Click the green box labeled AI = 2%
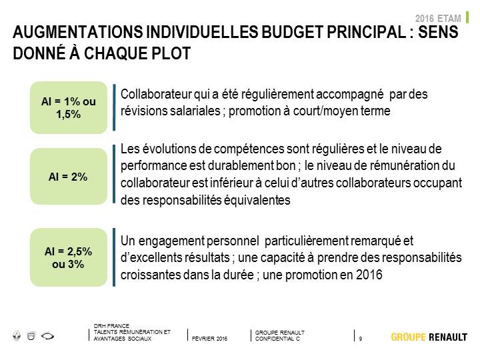click(69, 176)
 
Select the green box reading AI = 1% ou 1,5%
click(69, 107)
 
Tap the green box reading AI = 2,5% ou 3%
click(69, 257)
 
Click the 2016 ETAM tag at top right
click(438, 19)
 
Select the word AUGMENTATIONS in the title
click(78, 32)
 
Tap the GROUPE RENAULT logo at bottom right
click(429, 337)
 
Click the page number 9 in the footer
click(361, 339)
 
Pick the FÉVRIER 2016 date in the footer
click(209, 339)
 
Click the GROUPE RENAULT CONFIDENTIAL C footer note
click(280, 335)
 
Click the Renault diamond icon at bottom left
click(17, 336)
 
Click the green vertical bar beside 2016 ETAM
click(467, 17)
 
